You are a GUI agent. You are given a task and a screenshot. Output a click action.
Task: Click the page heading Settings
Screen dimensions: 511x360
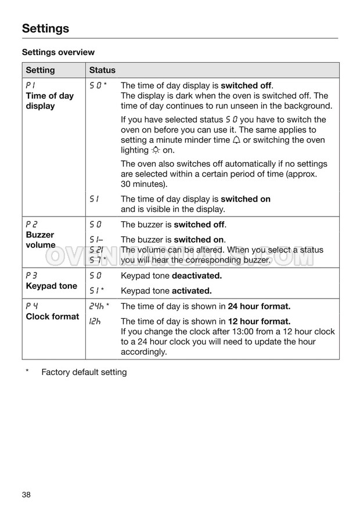[x=45, y=28]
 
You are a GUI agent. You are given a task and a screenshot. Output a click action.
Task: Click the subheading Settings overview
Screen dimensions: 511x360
[x=58, y=52]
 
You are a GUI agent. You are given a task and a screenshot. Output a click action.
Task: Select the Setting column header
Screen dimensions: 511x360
[x=40, y=70]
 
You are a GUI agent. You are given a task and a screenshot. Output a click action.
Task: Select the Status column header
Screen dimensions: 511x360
[x=102, y=70]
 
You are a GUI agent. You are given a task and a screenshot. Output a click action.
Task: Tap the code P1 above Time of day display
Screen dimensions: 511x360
[x=30, y=85]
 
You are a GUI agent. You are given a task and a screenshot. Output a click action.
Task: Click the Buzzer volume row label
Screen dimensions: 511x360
[x=40, y=240]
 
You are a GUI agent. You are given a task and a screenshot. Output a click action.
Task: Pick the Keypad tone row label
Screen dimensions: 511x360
[x=51, y=286]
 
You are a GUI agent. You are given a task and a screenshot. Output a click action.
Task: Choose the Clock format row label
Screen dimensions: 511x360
[x=52, y=316]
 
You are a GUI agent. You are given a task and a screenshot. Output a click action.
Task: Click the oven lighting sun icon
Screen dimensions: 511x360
[x=155, y=150]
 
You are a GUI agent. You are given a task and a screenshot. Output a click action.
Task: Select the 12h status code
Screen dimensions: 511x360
[x=94, y=321]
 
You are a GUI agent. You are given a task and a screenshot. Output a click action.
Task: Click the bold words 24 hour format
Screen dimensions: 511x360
[x=259, y=306]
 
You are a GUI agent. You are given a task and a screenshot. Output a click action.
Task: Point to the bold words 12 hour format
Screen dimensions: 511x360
[x=259, y=321]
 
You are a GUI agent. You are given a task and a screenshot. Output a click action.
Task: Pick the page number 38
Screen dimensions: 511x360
[x=27, y=494]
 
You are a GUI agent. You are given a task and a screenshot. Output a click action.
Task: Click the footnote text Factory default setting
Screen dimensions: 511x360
[x=84, y=372]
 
